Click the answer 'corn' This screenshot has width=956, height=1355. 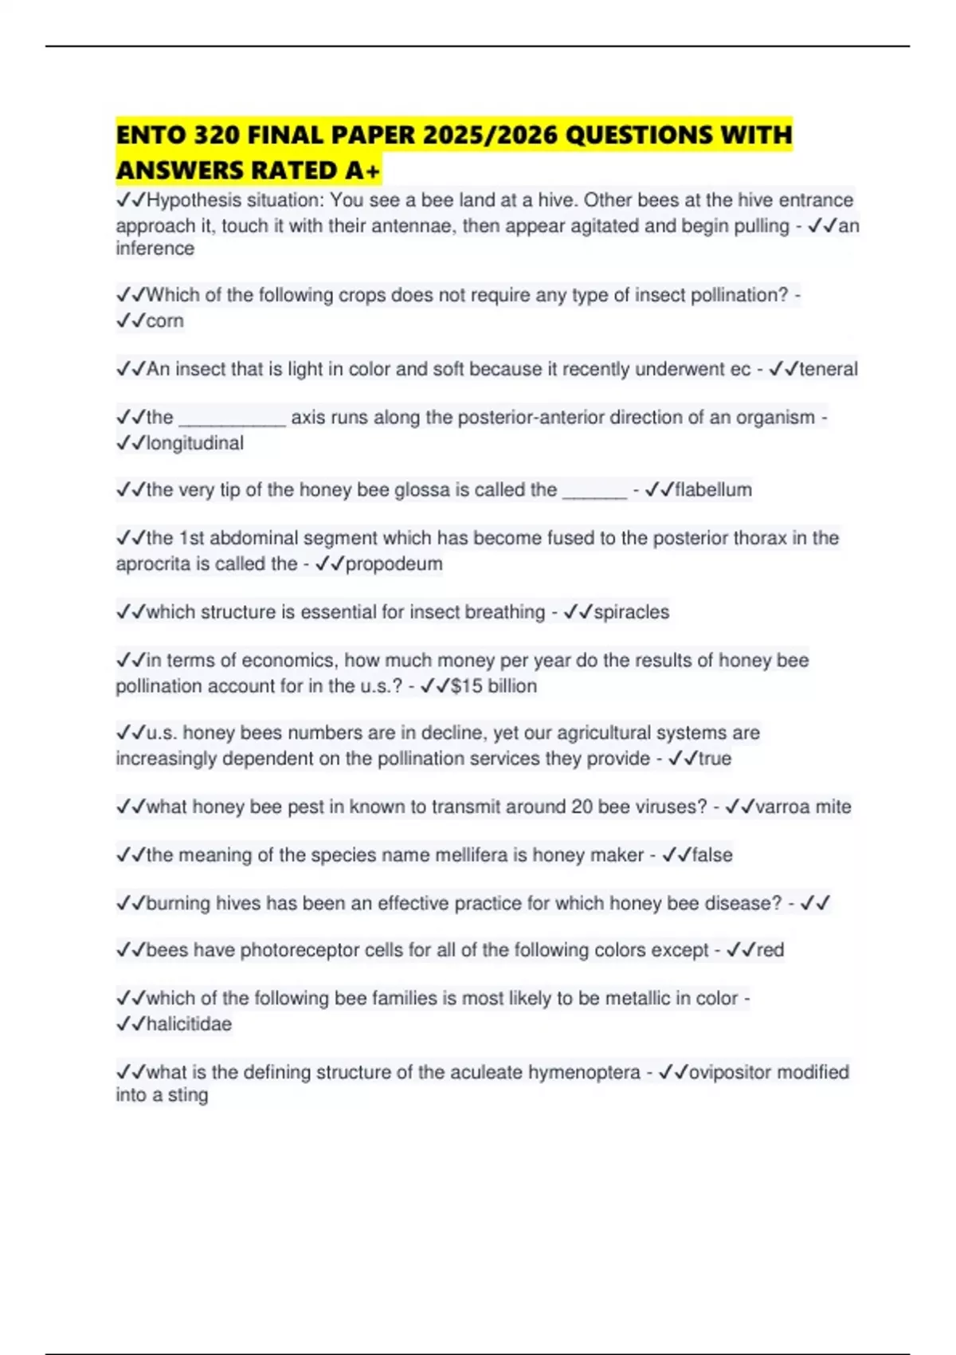point(165,321)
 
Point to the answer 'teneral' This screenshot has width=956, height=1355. point(829,369)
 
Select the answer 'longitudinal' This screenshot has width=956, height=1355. point(195,443)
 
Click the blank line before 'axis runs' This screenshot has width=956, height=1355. point(232,418)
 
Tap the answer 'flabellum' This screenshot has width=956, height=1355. point(713,489)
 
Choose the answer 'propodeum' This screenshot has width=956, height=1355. point(394,564)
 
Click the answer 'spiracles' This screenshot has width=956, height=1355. point(632,612)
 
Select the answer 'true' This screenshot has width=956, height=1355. point(715,759)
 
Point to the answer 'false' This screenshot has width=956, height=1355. point(712,855)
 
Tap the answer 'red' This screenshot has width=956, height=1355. point(770,950)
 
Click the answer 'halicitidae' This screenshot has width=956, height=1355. point(189,1024)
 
